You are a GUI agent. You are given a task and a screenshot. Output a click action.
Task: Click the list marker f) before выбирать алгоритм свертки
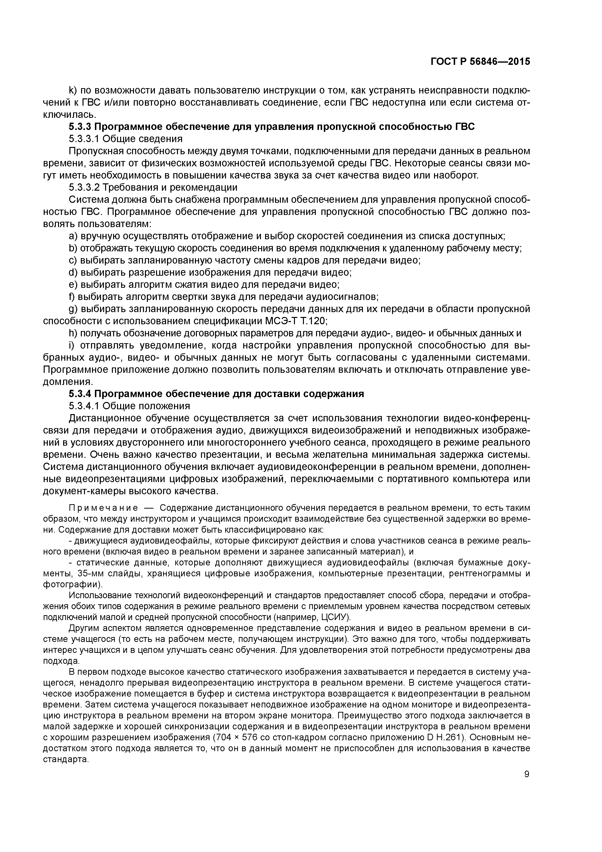72,297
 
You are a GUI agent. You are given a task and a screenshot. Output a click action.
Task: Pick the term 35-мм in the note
91,574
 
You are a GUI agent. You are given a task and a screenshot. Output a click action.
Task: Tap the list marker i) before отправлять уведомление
71,345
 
